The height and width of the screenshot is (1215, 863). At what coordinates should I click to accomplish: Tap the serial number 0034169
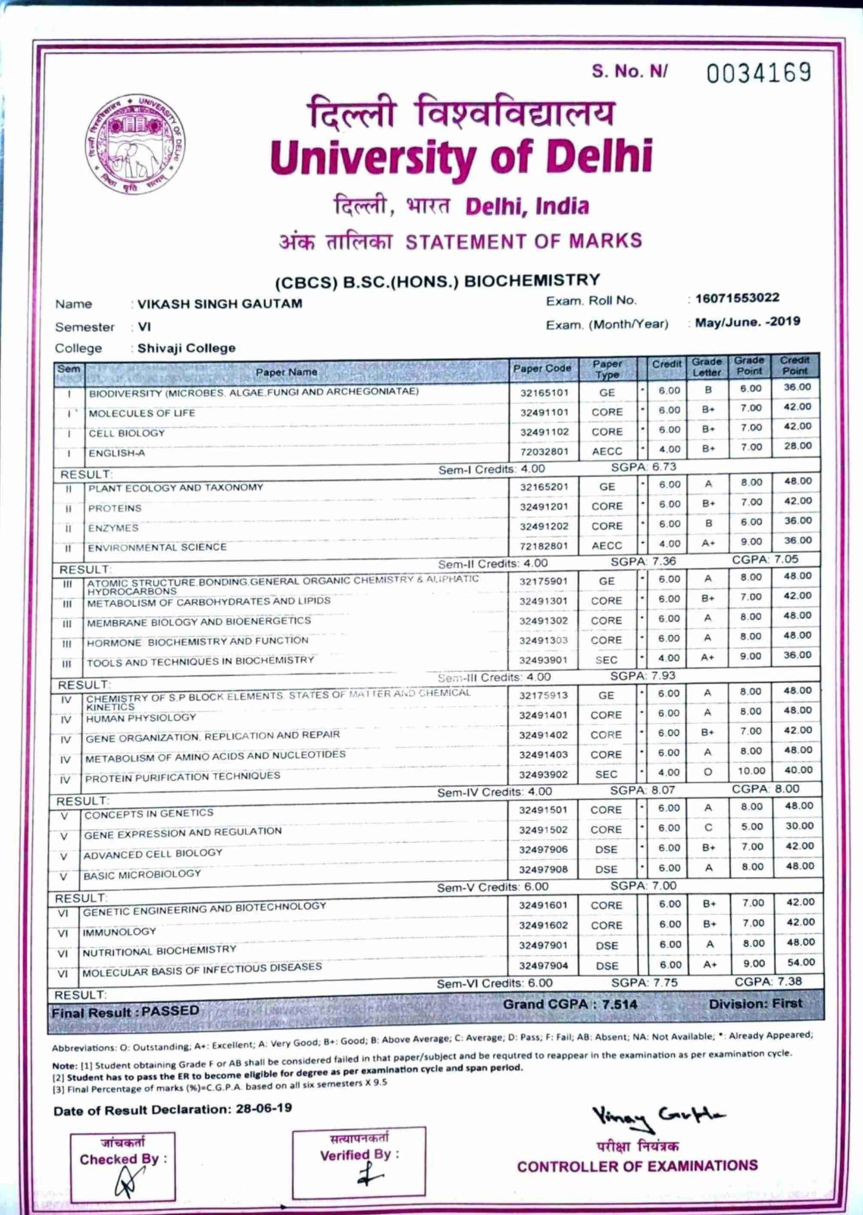click(x=758, y=73)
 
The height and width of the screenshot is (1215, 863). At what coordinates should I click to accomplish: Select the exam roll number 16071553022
click(x=738, y=298)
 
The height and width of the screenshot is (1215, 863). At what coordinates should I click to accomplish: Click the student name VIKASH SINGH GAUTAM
click(x=219, y=304)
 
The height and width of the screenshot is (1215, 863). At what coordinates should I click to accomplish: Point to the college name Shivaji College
click(x=186, y=348)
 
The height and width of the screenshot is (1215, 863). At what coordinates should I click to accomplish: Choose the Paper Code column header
click(x=542, y=368)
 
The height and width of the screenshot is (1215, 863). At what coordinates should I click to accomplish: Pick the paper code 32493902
click(x=543, y=775)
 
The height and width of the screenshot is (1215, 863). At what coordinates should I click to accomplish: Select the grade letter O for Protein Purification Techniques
click(x=707, y=772)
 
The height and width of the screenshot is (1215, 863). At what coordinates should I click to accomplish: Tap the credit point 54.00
click(x=800, y=963)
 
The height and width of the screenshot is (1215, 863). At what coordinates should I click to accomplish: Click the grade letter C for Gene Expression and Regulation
click(x=708, y=828)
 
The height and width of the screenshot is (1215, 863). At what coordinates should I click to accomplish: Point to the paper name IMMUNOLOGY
click(x=119, y=932)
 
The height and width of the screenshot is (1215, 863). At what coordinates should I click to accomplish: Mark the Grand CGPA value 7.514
click(x=615, y=1004)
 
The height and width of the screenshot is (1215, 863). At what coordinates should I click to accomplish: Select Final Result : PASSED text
click(x=125, y=1011)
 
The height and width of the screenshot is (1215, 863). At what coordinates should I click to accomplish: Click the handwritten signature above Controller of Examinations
click(x=658, y=1118)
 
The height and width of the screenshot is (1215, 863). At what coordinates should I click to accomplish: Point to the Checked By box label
click(x=123, y=1159)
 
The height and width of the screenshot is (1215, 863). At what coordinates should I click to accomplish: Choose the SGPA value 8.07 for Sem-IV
click(x=663, y=791)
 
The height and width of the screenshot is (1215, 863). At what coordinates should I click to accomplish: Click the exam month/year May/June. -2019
click(x=747, y=322)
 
